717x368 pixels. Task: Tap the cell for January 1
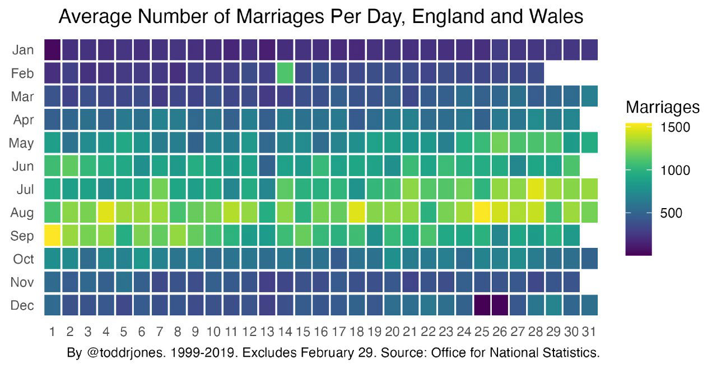pyautogui.click(x=52, y=50)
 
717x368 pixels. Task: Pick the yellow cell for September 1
pyautogui.click(x=52, y=236)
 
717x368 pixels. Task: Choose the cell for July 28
pyautogui.click(x=534, y=189)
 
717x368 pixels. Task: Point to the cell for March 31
pyautogui.click(x=589, y=96)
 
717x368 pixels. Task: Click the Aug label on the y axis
pyautogui.click(x=22, y=213)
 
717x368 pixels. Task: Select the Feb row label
pyautogui.click(x=22, y=73)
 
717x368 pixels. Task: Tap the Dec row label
pyautogui.click(x=22, y=305)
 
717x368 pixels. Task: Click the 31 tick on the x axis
pyautogui.click(x=589, y=332)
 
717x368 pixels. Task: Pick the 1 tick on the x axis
pyautogui.click(x=52, y=332)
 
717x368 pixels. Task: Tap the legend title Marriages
pyautogui.click(x=663, y=107)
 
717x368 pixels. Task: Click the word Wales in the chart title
pyautogui.click(x=556, y=17)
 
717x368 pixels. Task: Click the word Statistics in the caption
pyautogui.click(x=571, y=353)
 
